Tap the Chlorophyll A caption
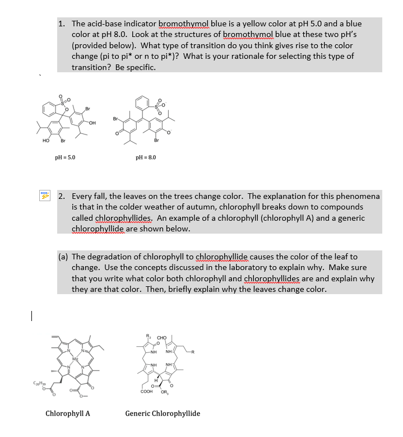[68, 414]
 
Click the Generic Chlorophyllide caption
[163, 414]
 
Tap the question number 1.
[61, 24]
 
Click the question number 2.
[61, 197]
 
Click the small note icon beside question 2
[44, 196]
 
